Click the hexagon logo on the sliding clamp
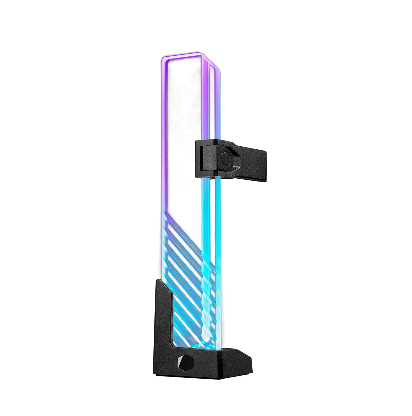click(x=225, y=156)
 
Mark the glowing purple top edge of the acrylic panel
click(x=181, y=56)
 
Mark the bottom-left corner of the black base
click(x=154, y=373)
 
